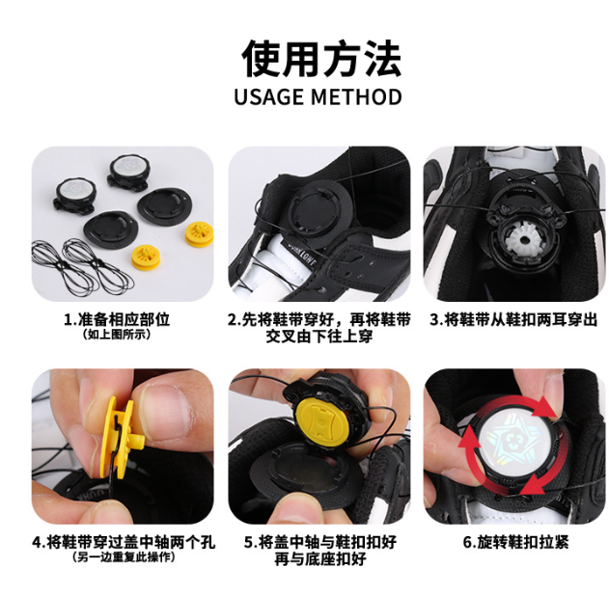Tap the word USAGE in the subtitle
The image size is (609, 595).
[272, 97]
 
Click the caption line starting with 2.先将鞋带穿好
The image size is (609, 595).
[318, 319]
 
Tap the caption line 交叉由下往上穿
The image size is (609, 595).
[318, 337]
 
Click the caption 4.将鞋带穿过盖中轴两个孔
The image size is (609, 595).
[124, 542]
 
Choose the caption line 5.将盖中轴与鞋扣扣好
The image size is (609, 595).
[318, 542]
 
